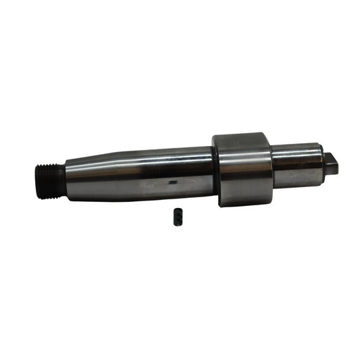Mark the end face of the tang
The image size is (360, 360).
point(342,161)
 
